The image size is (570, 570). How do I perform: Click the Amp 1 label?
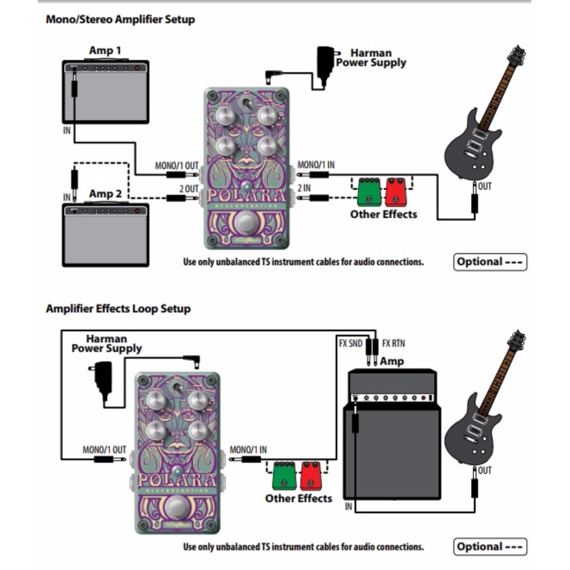(104, 51)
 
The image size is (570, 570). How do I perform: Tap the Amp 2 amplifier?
(106, 234)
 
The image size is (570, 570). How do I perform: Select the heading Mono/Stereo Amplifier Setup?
(120, 19)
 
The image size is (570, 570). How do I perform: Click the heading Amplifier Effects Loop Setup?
(118, 309)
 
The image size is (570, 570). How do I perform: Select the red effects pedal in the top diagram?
(395, 193)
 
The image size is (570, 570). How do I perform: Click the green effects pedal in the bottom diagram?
(284, 476)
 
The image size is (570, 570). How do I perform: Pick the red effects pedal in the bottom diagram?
(312, 476)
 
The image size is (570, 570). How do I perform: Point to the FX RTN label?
(394, 343)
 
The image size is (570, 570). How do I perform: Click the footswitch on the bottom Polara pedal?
(177, 507)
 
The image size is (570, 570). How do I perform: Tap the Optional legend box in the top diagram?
(490, 262)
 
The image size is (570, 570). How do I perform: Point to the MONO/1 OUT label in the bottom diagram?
(104, 450)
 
